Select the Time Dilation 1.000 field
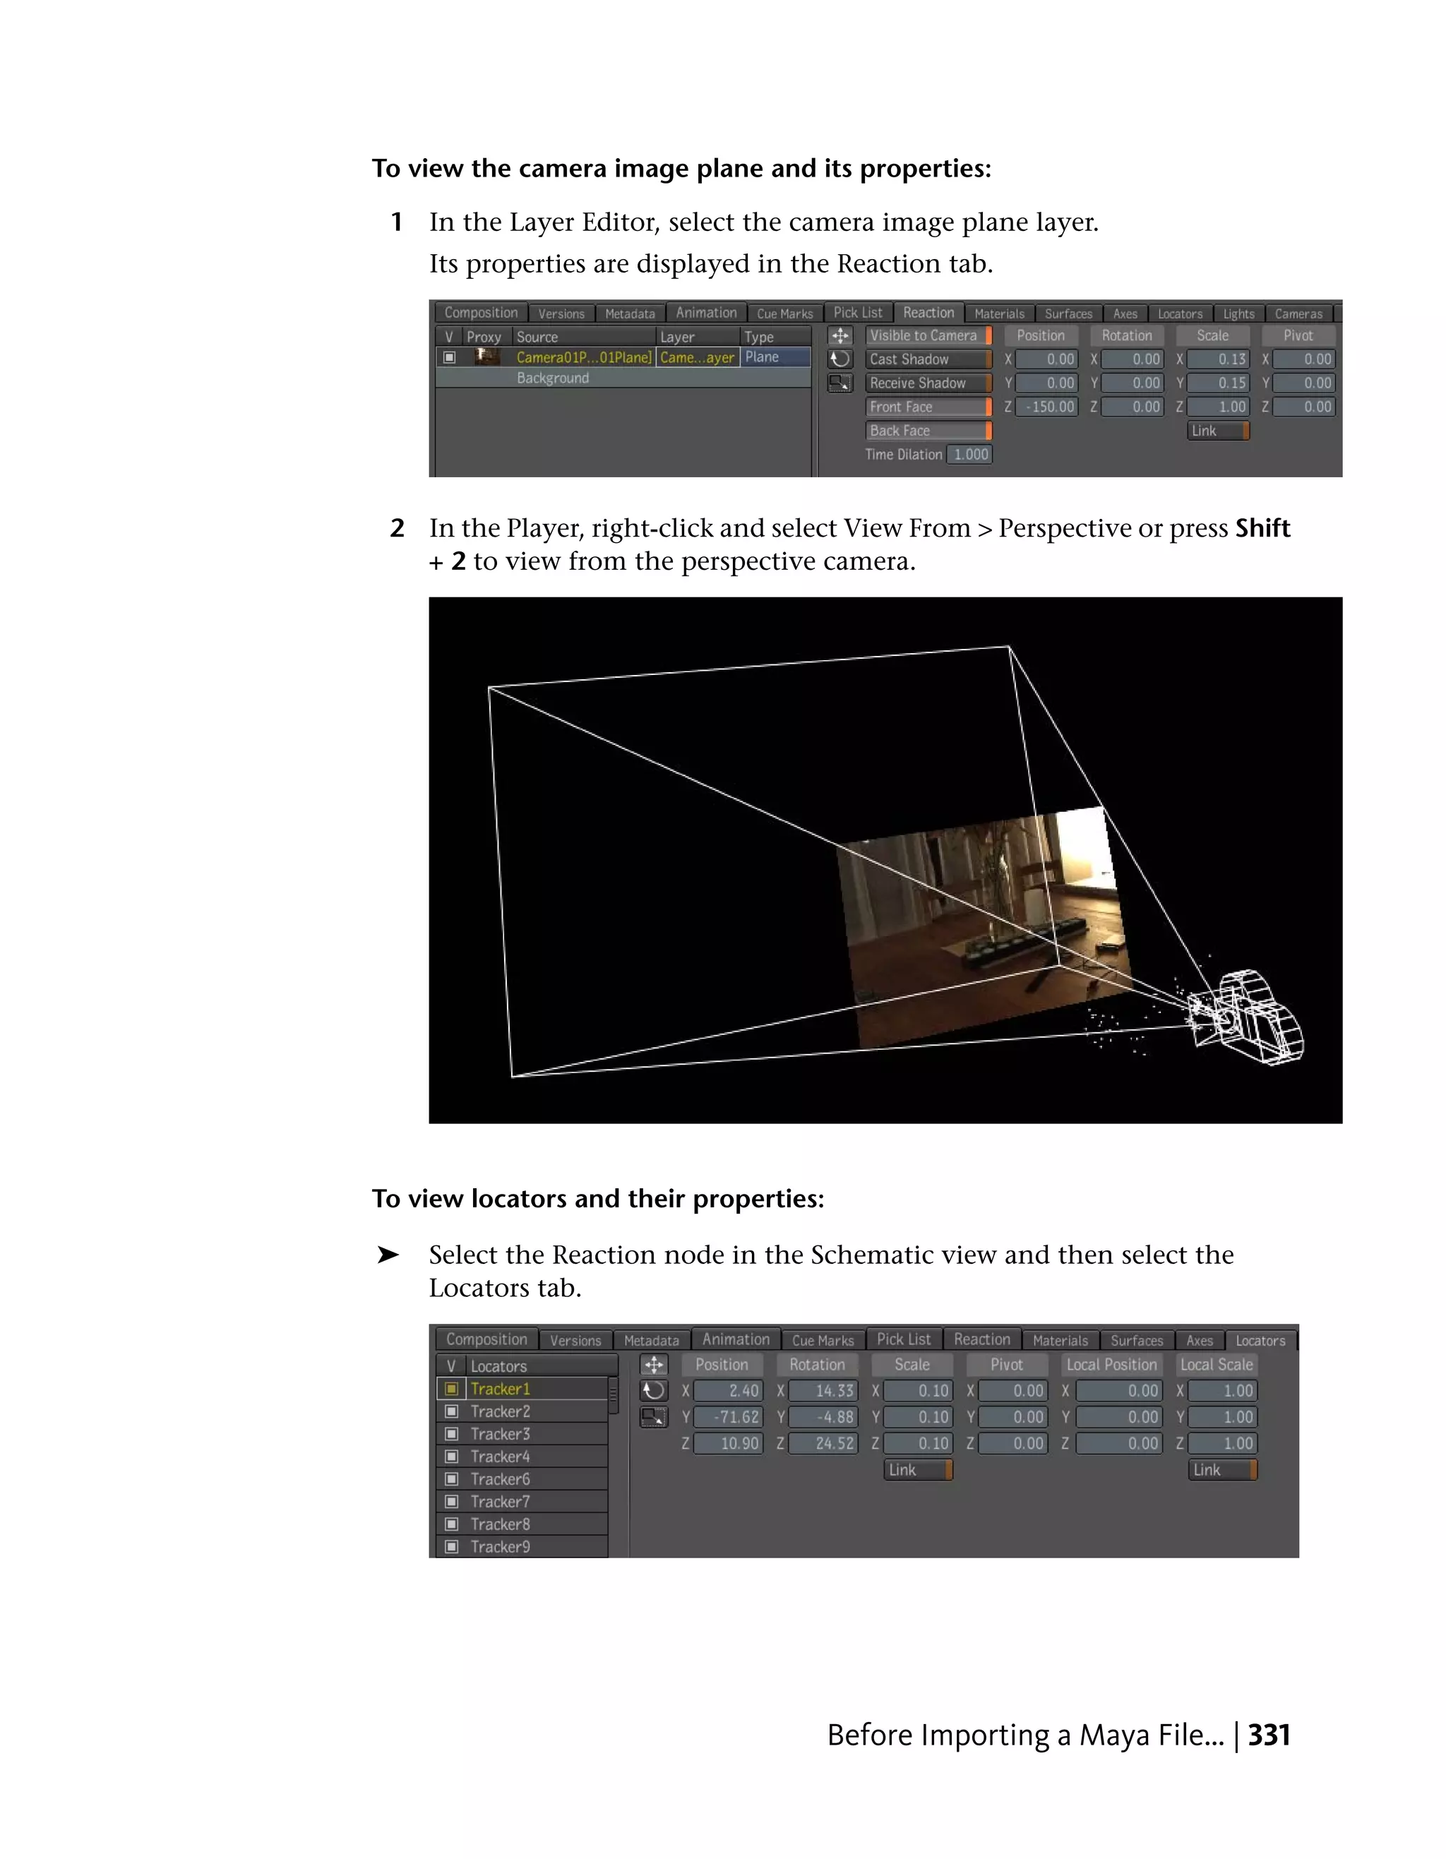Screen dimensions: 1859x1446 pyautogui.click(x=970, y=455)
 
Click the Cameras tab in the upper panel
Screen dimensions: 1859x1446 pyautogui.click(x=1298, y=313)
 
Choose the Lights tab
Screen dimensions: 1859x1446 pyautogui.click(x=1238, y=313)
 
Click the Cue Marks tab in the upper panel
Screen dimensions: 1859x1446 pyautogui.click(x=784, y=313)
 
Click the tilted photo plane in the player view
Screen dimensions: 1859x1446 pyautogui.click(x=979, y=928)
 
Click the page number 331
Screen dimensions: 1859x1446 pyautogui.click(x=1269, y=1735)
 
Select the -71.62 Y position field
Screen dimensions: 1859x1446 pyautogui.click(x=728, y=1417)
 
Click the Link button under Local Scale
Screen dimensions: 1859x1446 pyautogui.click(x=1221, y=1470)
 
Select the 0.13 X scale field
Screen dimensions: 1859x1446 pyautogui.click(x=1218, y=359)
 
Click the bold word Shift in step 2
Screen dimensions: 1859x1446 pyautogui.click(x=1262, y=529)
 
